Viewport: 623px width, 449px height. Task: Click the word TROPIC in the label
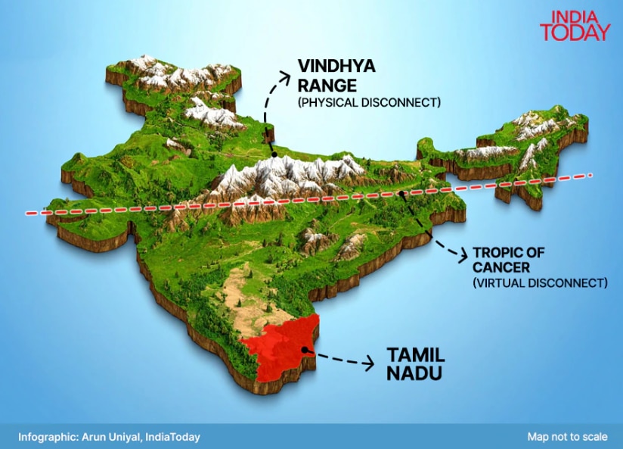pos(498,252)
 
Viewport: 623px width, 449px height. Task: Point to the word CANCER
pos(501,267)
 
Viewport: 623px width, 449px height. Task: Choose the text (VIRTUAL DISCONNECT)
pos(540,283)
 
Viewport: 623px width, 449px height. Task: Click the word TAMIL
pos(416,354)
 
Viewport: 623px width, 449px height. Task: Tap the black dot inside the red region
pos(303,350)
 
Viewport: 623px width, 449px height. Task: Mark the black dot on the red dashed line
pos(401,194)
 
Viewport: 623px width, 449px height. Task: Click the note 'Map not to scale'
pos(567,437)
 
